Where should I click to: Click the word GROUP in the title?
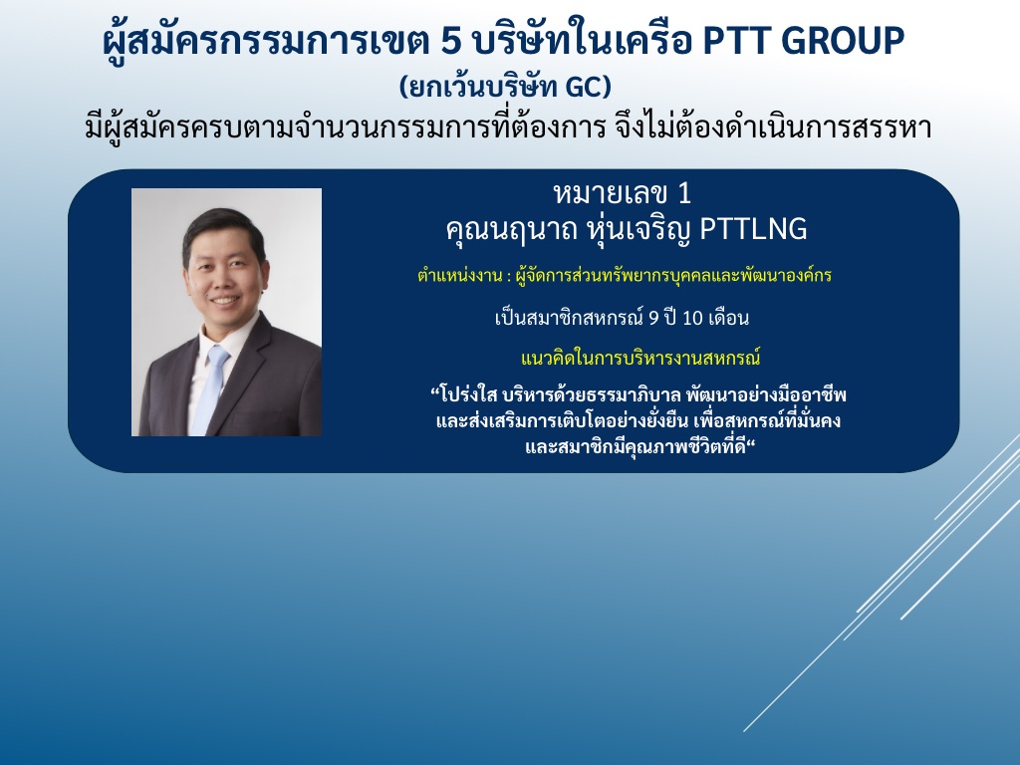[x=843, y=40]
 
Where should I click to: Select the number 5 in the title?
[x=451, y=41]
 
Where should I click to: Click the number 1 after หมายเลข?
[x=683, y=193]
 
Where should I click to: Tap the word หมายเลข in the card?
[x=611, y=193]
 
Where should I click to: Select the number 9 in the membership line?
[x=653, y=318]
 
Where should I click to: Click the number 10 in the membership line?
[x=693, y=318]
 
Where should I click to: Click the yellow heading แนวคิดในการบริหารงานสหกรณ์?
[x=640, y=358]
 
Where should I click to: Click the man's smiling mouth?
[x=224, y=302]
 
